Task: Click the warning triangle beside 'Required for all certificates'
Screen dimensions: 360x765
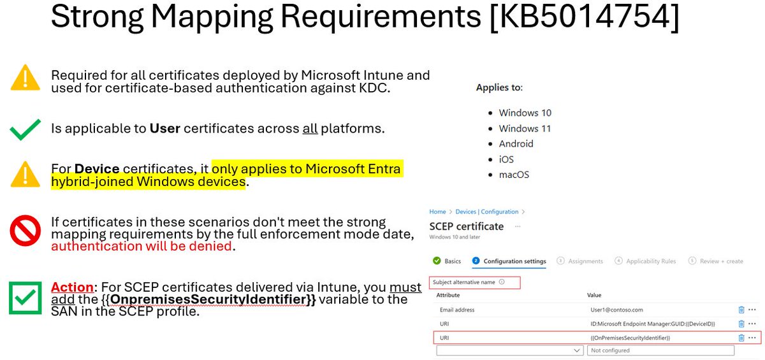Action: pos(25,79)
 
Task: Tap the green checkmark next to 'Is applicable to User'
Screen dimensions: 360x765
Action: pos(25,129)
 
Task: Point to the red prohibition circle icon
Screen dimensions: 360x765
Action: pos(25,231)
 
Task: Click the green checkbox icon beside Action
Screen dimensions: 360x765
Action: pos(25,298)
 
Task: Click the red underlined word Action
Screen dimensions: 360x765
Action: pos(72,287)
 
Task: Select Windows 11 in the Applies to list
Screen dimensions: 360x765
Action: pos(525,128)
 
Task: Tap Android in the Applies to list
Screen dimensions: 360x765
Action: pos(516,143)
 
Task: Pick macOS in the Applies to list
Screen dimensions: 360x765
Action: pos(514,175)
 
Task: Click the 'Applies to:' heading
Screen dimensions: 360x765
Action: pos(499,87)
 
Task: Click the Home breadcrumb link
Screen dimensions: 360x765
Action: pos(437,212)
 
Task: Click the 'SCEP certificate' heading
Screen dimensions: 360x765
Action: pos(466,226)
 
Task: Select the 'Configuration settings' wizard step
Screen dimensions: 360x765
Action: pos(514,261)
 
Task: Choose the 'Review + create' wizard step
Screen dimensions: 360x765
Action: pos(720,261)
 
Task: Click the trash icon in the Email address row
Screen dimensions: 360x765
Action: pos(741,310)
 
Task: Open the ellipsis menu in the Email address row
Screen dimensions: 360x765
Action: pos(753,310)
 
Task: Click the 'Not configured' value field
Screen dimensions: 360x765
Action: pos(661,350)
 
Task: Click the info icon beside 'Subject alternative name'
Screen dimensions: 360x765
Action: pos(502,282)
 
